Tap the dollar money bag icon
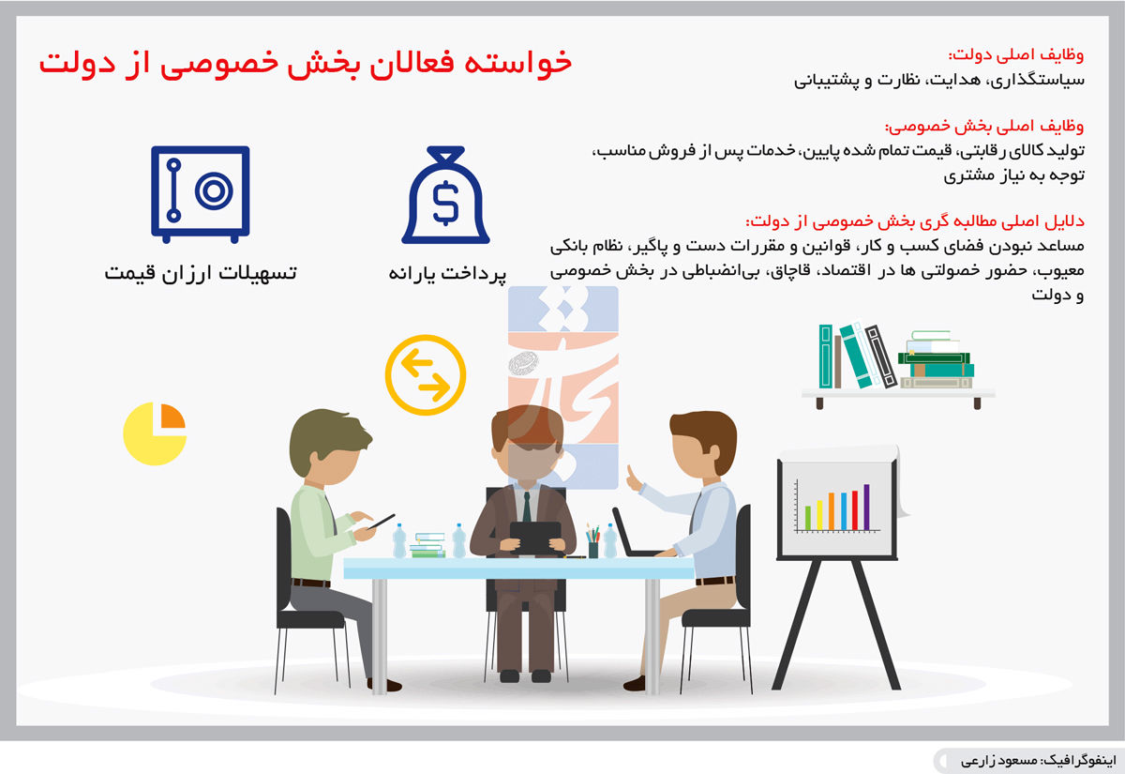tap(445, 195)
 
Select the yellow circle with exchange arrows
tap(426, 375)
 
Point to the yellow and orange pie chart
tap(155, 433)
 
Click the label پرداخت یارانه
tap(447, 274)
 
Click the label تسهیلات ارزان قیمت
tap(201, 273)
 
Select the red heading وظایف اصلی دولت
tap(1015, 54)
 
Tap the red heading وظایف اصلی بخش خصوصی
tap(984, 126)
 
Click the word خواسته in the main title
tap(517, 62)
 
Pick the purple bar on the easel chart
tap(866, 508)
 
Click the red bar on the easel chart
tap(855, 510)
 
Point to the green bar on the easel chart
tap(808, 518)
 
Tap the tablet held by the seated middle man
tap(535, 539)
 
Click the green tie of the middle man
tap(526, 507)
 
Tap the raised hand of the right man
tap(634, 479)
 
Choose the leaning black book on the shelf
tap(881, 357)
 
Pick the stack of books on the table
tap(427, 545)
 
